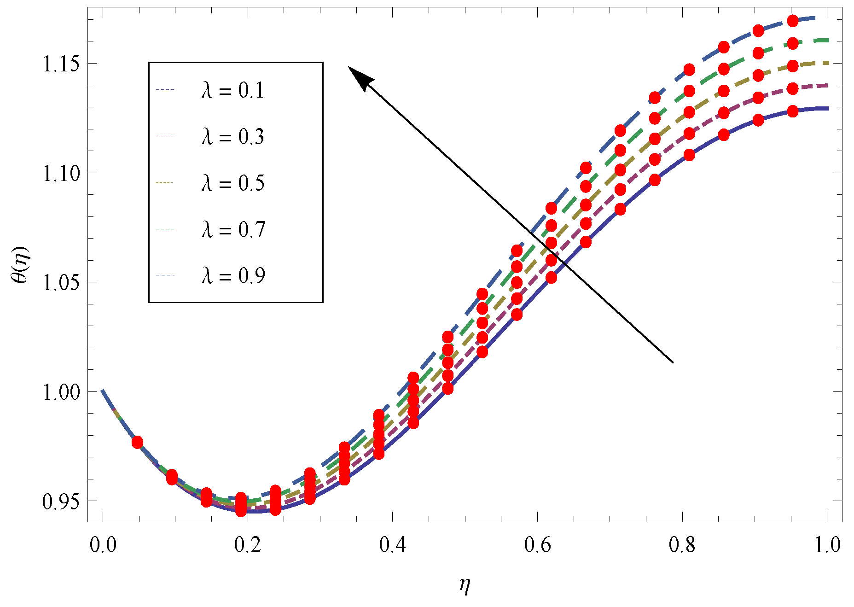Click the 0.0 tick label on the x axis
coord(103,545)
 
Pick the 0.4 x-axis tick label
coord(392,545)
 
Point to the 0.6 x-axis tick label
coord(537,545)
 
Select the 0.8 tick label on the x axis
coord(682,545)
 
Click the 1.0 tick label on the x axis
coord(827,545)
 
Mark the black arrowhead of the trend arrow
coord(358,76)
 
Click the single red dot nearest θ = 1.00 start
coord(137,442)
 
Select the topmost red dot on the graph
coord(793,21)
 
